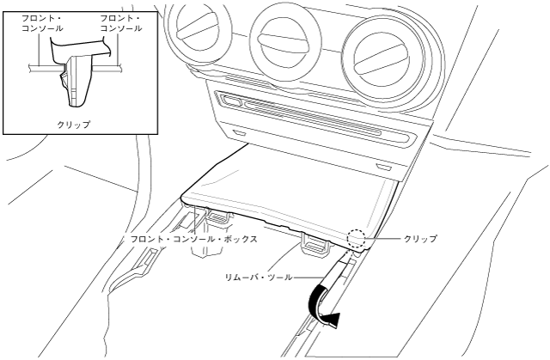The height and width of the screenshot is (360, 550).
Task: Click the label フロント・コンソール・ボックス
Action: click(193, 239)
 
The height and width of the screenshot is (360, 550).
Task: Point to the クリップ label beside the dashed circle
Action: click(420, 238)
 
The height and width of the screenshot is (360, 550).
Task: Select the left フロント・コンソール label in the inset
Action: click(40, 23)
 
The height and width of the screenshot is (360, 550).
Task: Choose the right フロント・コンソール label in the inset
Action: click(120, 23)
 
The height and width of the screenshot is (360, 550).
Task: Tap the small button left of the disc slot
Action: click(230, 101)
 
